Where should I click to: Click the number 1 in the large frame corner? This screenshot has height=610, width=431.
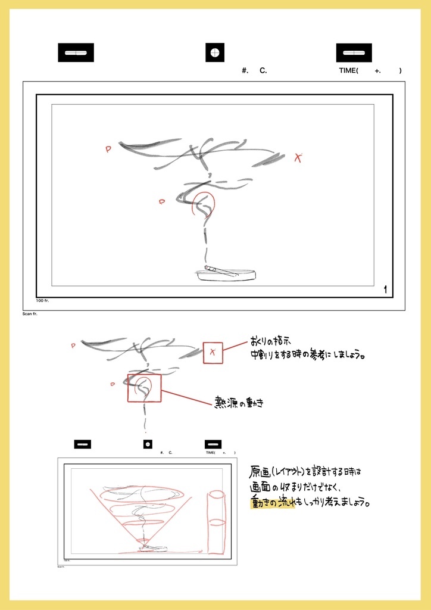point(385,290)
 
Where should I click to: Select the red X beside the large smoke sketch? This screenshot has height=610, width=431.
point(298,158)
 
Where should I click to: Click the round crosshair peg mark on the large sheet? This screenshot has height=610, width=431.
point(215,53)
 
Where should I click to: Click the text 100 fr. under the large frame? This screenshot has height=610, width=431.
point(42,301)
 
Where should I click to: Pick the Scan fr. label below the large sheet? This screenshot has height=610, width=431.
point(30,313)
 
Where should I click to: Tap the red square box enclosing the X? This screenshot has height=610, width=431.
point(213,353)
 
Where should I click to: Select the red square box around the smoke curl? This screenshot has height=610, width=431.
point(144,388)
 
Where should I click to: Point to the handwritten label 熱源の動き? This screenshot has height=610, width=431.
point(238,403)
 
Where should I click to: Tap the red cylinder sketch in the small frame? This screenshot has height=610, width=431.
point(216,522)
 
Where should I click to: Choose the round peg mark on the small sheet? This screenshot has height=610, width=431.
point(148,444)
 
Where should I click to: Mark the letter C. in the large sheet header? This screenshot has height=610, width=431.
point(263,71)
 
